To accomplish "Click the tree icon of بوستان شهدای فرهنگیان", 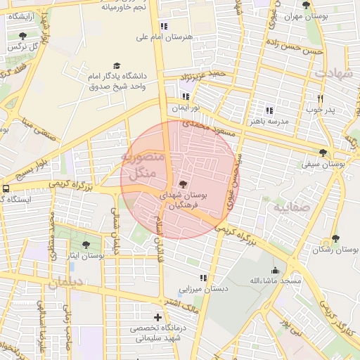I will (184, 184).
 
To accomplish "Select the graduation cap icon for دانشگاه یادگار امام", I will (117, 65).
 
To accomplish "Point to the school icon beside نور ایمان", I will (186, 96).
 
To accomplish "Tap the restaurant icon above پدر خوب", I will (321, 99).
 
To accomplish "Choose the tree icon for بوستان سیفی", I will (323, 153).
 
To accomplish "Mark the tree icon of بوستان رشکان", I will (335, 238).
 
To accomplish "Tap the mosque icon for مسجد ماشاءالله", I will (274, 271).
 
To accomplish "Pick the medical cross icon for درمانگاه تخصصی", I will (167, 318).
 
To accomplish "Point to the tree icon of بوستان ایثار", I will (86, 245).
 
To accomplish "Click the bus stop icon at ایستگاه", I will (6, 188).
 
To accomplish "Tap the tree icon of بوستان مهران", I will (305, 5).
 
